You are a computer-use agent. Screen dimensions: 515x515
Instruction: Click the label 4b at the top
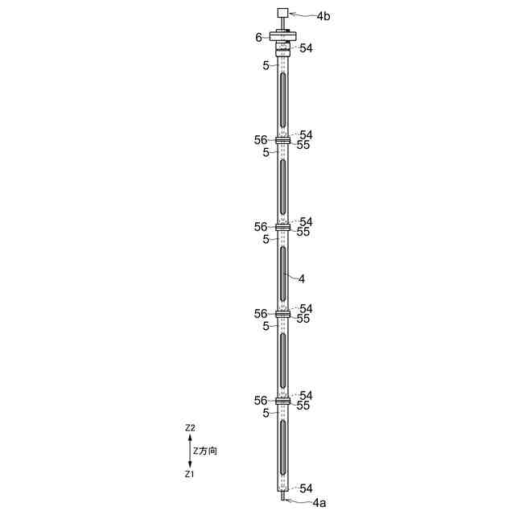(323, 16)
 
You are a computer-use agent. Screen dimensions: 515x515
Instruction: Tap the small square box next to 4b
(282, 13)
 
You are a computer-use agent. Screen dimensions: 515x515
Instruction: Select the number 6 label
(259, 38)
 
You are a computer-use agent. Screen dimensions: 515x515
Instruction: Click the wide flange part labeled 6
(283, 36)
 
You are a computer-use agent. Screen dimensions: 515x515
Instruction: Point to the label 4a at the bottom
(319, 502)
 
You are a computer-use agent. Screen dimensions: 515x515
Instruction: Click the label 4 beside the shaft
(302, 279)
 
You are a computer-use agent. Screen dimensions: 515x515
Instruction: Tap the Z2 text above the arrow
(190, 428)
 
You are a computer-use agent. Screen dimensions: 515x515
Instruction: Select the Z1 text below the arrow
(189, 474)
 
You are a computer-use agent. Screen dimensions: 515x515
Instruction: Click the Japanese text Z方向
(205, 451)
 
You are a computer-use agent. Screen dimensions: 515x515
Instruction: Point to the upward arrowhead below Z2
(190, 437)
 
